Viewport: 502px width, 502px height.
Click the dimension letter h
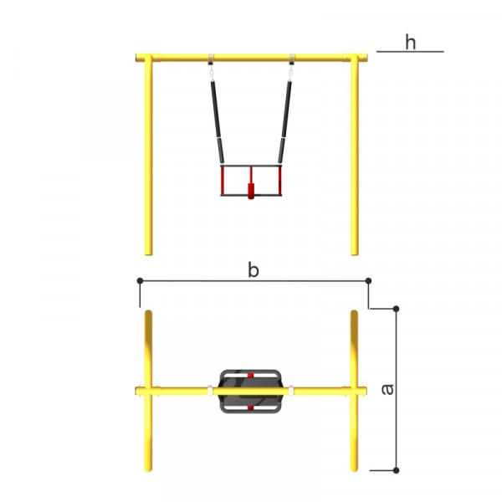411,43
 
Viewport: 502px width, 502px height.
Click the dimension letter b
254,270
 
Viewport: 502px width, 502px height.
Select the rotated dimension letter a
387,389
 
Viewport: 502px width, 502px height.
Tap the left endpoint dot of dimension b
140,281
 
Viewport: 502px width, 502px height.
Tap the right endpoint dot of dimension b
368,281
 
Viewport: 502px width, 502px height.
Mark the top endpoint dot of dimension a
396,309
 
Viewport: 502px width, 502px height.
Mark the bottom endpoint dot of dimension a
396,470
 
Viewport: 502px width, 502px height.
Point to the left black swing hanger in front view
217,122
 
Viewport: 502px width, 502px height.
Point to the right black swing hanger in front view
285,122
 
